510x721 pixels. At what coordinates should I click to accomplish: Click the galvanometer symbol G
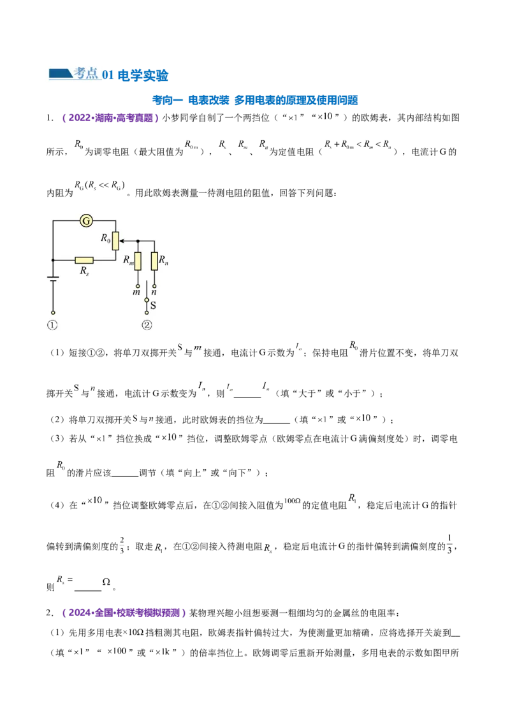(87, 220)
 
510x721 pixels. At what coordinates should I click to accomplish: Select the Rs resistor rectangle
(84, 260)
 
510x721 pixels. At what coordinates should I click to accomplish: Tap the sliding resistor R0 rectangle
(115, 241)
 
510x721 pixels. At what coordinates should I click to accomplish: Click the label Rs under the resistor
(84, 271)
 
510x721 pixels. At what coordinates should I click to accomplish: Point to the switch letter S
(153, 305)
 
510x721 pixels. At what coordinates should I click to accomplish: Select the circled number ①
(52, 324)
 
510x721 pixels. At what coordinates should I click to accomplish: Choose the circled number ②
(147, 324)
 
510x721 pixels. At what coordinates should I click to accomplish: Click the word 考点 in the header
(85, 73)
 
